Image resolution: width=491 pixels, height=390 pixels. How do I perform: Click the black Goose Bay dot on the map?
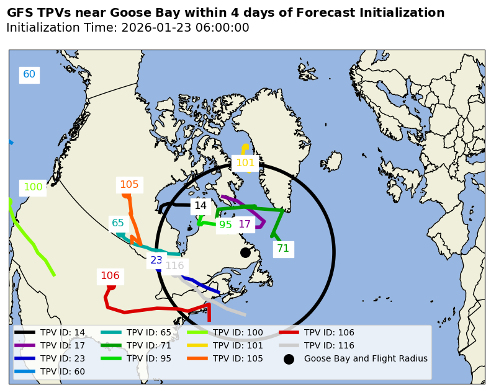click(245, 252)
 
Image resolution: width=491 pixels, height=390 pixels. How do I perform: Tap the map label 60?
click(29, 74)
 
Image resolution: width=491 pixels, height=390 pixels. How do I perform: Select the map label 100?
click(33, 187)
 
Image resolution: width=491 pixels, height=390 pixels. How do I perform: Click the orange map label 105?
click(129, 184)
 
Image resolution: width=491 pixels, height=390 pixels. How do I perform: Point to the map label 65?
click(118, 223)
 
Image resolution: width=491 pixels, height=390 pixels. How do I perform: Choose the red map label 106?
click(110, 276)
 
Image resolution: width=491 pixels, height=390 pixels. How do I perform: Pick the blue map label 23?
click(156, 260)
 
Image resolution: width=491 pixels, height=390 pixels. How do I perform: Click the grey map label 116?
click(174, 265)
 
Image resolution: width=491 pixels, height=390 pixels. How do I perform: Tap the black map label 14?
click(200, 206)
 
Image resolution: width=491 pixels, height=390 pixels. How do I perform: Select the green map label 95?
click(225, 224)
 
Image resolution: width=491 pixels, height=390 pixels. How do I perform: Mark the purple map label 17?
click(245, 224)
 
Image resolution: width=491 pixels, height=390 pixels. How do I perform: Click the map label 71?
click(283, 249)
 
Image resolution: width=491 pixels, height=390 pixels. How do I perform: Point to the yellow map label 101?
click(245, 163)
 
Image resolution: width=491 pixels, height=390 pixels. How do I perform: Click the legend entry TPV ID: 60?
click(63, 371)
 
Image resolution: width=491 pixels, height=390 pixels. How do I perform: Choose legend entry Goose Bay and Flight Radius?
click(366, 358)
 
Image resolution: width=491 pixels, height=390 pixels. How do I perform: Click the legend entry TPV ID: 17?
click(63, 345)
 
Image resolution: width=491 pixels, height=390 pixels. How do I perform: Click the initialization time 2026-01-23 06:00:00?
click(185, 28)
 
